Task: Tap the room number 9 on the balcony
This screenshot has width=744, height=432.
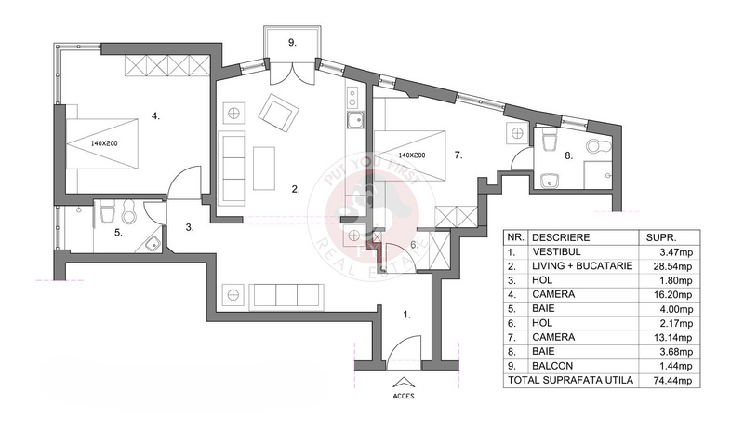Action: [x=292, y=43]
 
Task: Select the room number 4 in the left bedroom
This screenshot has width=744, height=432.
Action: [x=156, y=116]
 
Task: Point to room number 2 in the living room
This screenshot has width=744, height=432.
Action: [x=295, y=189]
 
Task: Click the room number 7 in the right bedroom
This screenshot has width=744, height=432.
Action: [x=458, y=155]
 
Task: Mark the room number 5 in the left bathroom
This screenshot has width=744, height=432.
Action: [x=118, y=234]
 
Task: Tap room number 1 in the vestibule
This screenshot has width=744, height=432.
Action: [x=406, y=315]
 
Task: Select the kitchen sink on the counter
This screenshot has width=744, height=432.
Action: [x=354, y=119]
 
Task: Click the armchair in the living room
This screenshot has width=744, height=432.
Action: [x=279, y=114]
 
